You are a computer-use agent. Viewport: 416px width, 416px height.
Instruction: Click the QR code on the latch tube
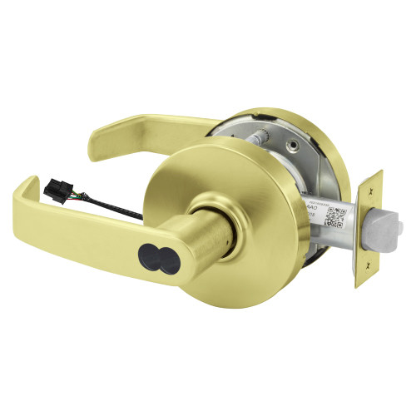pos(334,218)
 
